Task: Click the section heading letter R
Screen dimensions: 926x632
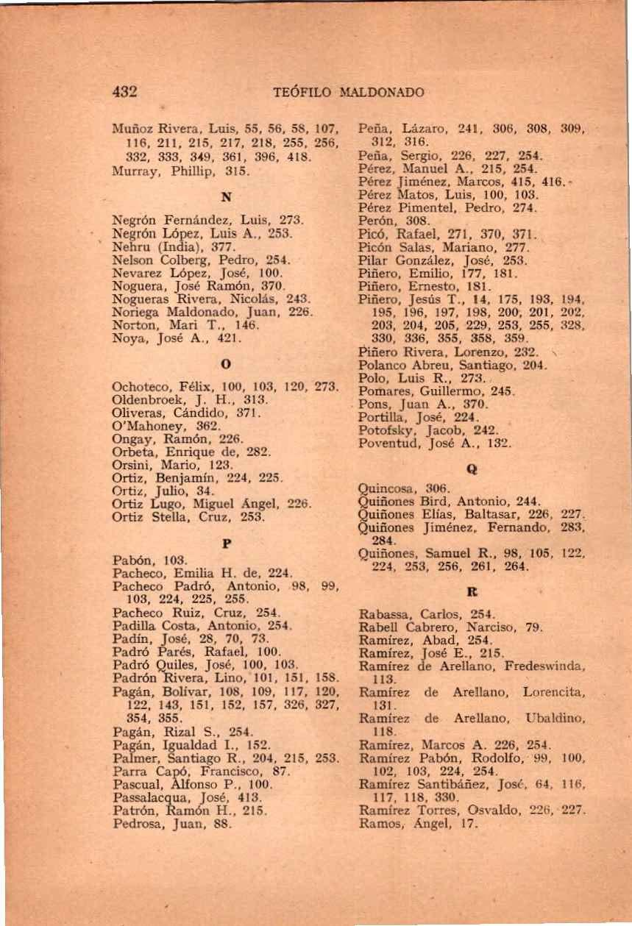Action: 470,590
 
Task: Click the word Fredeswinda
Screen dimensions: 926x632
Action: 544,663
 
